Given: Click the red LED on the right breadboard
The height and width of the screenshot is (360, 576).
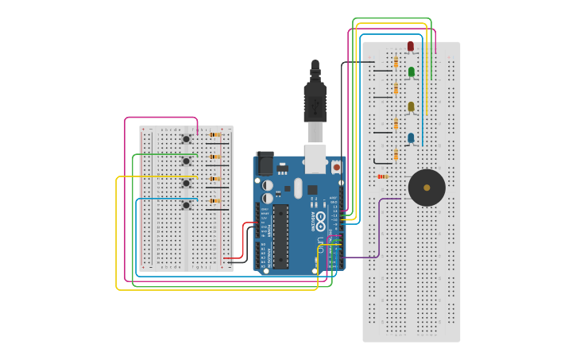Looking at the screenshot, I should [x=411, y=46].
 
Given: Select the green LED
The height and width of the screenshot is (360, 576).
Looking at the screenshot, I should [x=411, y=72].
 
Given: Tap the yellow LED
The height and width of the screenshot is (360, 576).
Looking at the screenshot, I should [x=411, y=106].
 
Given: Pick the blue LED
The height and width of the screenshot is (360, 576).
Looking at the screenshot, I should [x=411, y=138].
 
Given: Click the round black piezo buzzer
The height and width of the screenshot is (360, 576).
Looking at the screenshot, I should [x=427, y=188].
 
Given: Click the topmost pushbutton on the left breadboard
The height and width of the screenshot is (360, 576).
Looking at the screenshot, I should [x=187, y=139].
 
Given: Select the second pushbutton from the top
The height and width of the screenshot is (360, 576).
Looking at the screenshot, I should [x=187, y=161].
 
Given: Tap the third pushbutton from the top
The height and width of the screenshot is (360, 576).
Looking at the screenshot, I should [x=187, y=183].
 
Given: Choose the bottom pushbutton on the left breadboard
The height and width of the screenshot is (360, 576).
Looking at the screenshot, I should [x=187, y=205].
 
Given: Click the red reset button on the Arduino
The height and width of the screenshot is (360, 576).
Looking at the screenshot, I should [x=336, y=167].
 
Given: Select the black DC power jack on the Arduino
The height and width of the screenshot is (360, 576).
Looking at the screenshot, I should [x=265, y=163].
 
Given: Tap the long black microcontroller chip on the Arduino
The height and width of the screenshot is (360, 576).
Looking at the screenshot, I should [x=280, y=236].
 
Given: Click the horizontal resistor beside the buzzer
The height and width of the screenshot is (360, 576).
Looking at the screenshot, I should [x=382, y=176].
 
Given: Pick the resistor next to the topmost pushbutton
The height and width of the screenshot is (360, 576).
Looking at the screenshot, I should [x=215, y=134].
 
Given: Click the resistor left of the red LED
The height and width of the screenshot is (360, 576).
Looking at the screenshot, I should [x=396, y=62].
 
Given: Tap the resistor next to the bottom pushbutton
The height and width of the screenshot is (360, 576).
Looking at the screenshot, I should [x=215, y=201].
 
